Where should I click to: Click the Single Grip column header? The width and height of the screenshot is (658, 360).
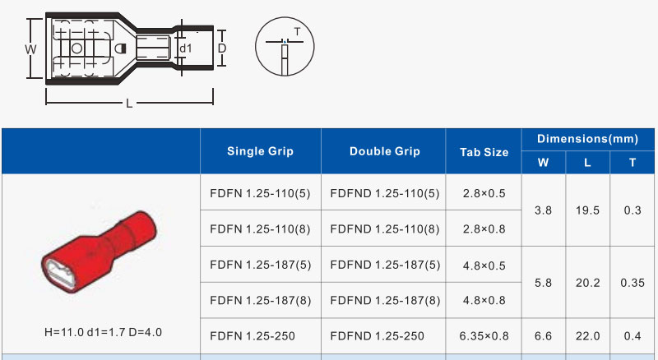(260, 151)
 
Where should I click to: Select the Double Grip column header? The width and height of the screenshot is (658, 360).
(384, 151)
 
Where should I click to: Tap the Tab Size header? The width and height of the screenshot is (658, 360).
(484, 152)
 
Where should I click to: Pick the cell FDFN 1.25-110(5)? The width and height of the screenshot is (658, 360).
(260, 193)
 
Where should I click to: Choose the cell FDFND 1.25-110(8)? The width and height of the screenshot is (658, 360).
(384, 228)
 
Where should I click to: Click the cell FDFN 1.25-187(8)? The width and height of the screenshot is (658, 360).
(260, 300)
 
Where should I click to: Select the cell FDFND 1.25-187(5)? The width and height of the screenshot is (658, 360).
(384, 265)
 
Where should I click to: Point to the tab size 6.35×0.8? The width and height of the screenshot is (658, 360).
(484, 335)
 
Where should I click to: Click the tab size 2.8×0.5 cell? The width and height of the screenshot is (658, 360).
(484, 193)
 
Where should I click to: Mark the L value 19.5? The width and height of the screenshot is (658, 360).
(587, 210)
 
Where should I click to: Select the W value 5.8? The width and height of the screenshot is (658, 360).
(543, 282)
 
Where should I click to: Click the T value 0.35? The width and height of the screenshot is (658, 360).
(632, 282)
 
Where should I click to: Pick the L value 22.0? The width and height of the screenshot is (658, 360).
(587, 335)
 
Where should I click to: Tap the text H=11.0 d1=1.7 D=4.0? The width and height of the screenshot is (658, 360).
(103, 332)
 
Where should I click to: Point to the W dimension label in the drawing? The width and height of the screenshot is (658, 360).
(30, 49)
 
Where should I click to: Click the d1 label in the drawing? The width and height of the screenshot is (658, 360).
(185, 49)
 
